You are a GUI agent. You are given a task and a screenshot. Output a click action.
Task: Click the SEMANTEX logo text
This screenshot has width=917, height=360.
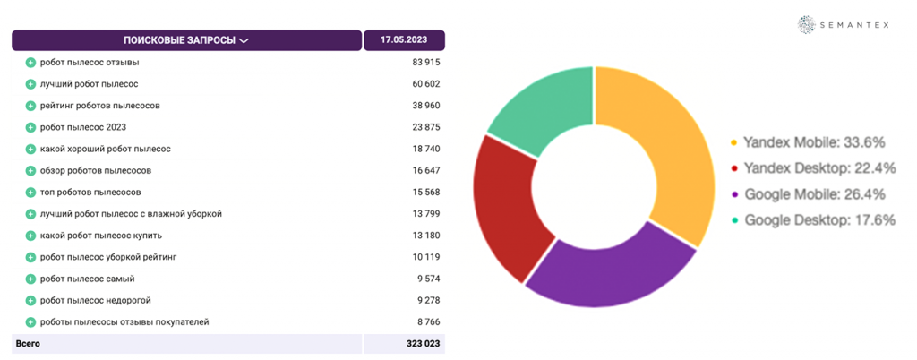855,25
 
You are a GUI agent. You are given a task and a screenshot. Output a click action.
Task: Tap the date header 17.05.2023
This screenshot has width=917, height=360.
404,40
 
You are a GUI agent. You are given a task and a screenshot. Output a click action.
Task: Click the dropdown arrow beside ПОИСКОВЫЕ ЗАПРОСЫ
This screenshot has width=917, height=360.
244,40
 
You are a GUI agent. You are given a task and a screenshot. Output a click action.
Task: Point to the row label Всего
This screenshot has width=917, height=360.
28,343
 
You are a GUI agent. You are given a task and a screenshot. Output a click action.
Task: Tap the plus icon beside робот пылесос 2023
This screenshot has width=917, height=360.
30,127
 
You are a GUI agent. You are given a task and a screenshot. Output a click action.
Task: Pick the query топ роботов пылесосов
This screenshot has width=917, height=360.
90,193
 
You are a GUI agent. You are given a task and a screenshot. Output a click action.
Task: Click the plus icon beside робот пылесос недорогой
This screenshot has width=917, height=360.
30,300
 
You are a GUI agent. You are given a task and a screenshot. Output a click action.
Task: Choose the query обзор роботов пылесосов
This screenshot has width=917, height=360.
96,170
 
